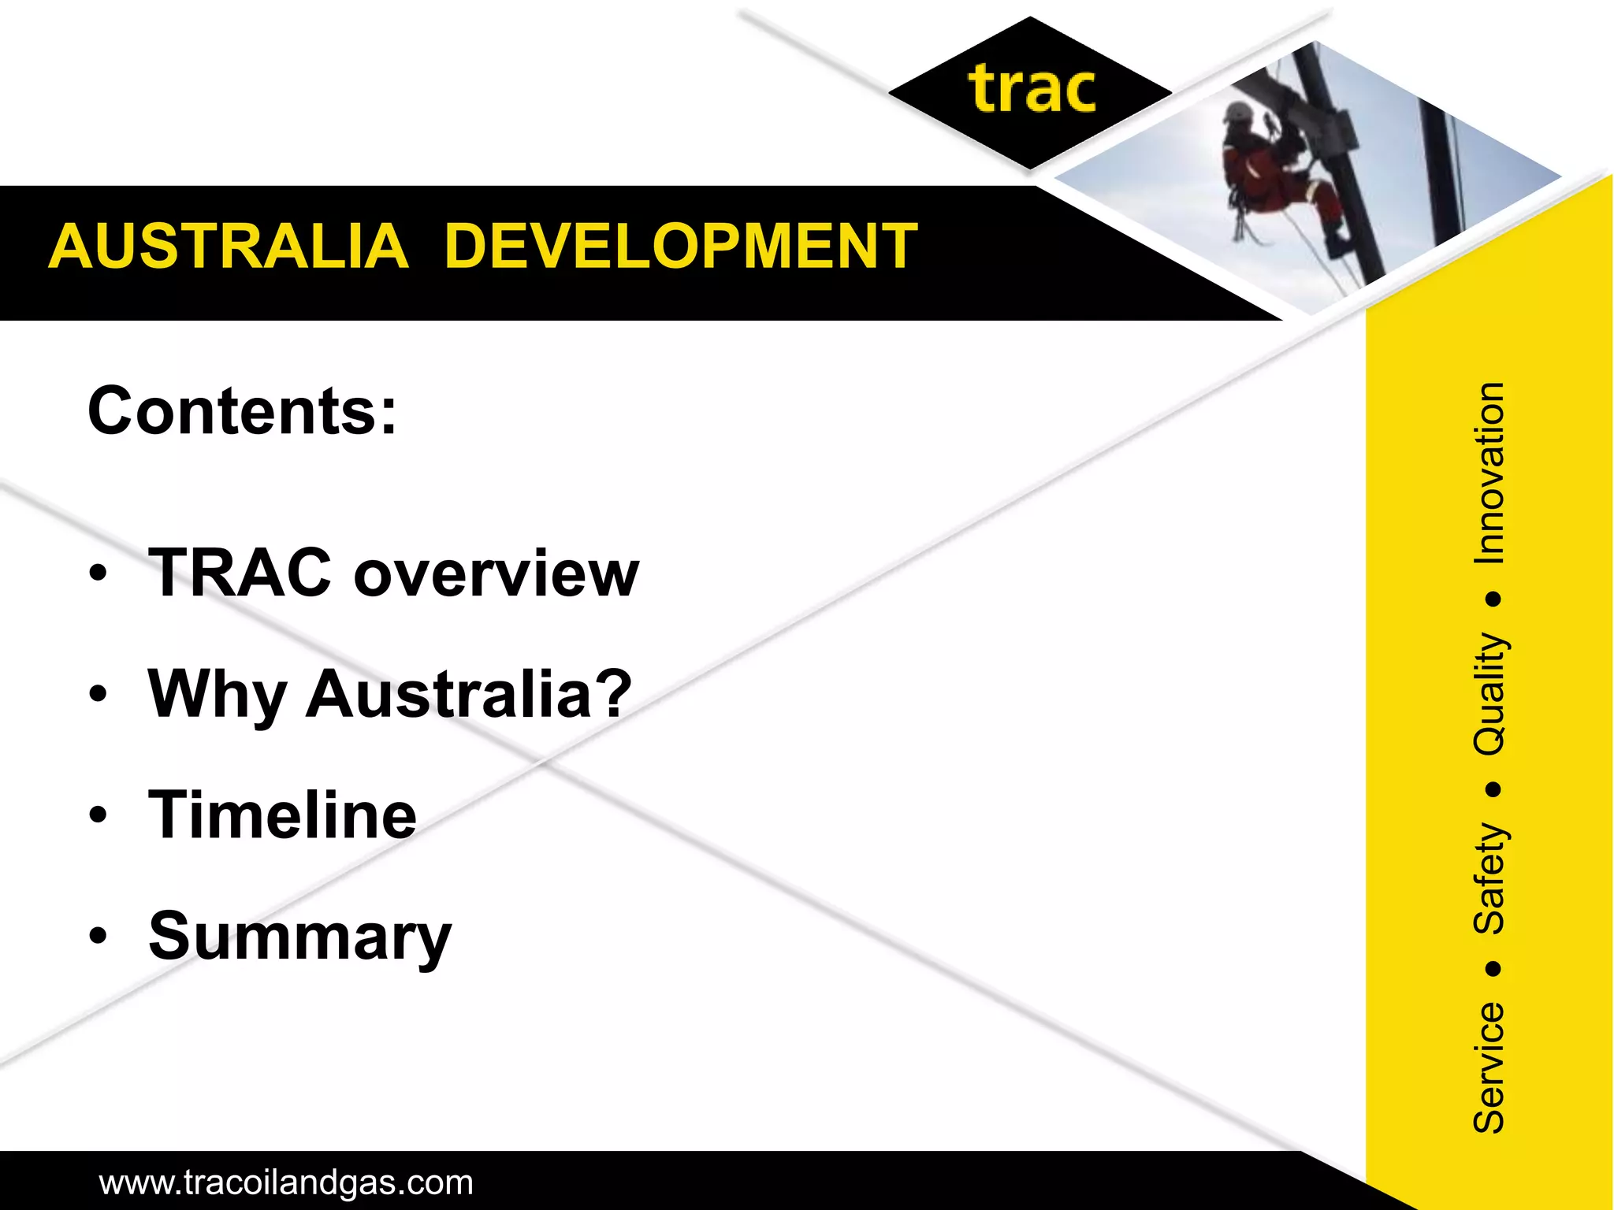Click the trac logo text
[x=1032, y=90]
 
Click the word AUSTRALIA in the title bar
[x=229, y=247]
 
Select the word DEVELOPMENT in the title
[x=681, y=247]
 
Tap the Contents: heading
[x=242, y=411]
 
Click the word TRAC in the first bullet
[x=240, y=573]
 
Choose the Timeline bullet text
[x=282, y=815]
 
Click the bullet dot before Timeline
[x=98, y=815]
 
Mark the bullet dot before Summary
[x=98, y=937]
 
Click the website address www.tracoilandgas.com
[x=286, y=1182]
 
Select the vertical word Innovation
[x=1489, y=473]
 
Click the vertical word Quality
[x=1489, y=693]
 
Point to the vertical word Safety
[x=1489, y=878]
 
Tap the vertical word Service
[x=1489, y=1067]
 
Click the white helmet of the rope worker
[x=1237, y=111]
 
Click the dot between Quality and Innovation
[x=1492, y=599]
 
